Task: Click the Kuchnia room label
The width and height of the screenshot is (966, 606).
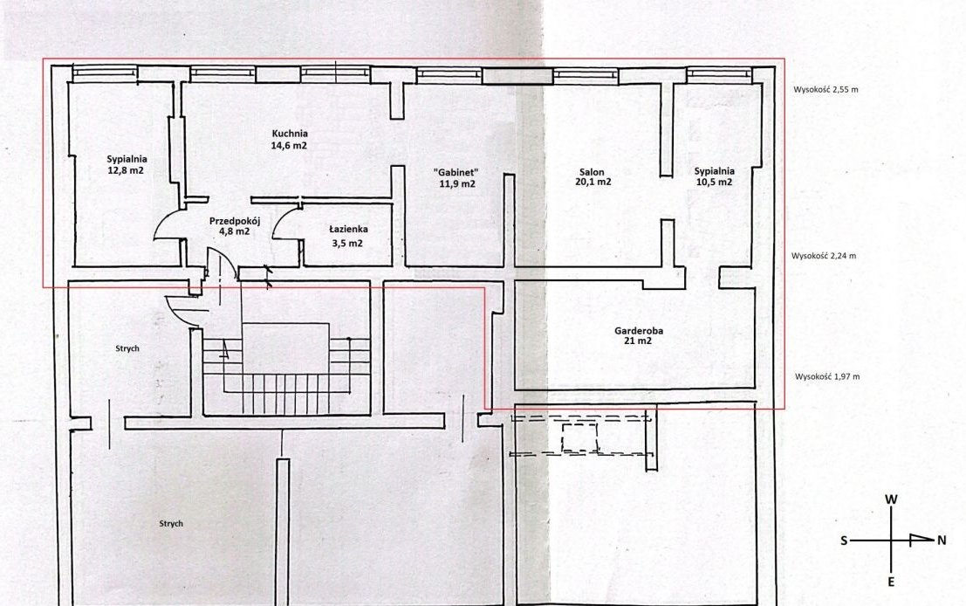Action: (290, 133)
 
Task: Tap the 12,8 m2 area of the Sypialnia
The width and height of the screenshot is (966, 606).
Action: (126, 170)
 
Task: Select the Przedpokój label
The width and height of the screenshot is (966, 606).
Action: (236, 221)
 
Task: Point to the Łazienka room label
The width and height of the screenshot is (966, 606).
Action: (348, 230)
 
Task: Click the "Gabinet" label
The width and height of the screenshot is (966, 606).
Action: (456, 172)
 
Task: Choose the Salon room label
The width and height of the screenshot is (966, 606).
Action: (592, 172)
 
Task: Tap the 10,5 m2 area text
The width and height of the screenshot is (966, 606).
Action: (714, 182)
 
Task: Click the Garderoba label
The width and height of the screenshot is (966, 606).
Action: (639, 330)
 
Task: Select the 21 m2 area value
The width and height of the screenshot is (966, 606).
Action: (638, 341)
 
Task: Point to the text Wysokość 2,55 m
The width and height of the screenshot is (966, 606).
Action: (826, 89)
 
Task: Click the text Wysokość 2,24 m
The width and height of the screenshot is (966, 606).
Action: (824, 255)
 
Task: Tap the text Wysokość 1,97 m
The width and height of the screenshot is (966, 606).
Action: (827, 376)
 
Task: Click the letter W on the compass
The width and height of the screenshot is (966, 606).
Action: (891, 499)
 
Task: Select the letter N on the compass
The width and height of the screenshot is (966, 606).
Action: (942, 541)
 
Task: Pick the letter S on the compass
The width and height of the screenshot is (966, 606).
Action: (844, 541)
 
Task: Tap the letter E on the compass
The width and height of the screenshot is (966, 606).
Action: (891, 582)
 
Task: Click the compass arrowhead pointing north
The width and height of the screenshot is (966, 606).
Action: (921, 540)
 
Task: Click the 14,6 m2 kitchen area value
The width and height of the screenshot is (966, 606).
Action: (289, 146)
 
